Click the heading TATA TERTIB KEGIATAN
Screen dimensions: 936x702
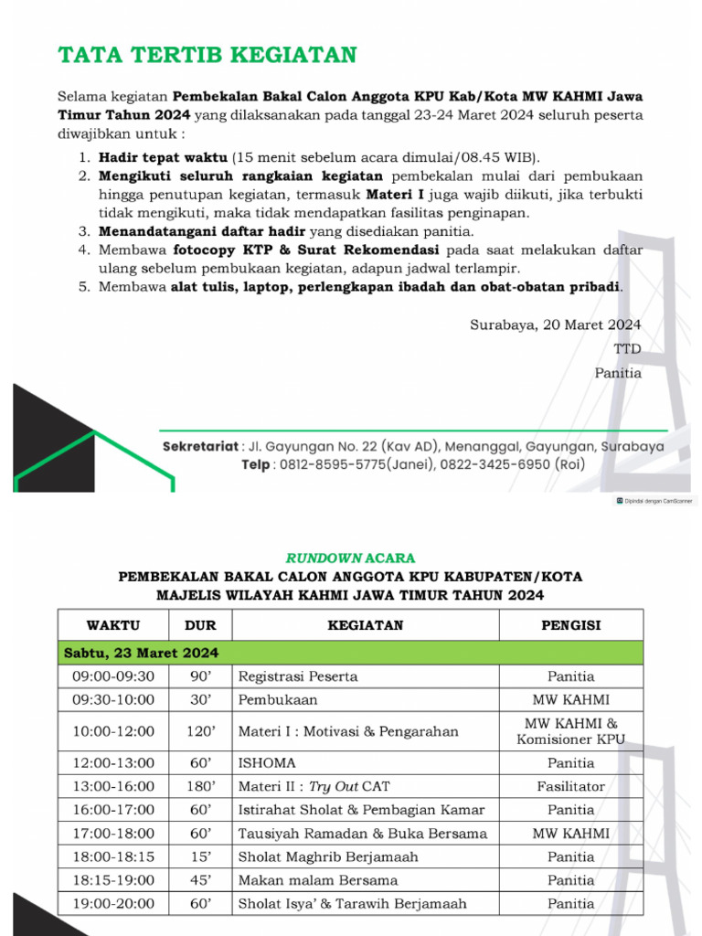click(207, 55)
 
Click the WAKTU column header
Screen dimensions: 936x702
click(113, 625)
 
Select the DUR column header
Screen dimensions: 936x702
click(200, 625)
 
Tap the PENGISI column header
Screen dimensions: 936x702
click(570, 625)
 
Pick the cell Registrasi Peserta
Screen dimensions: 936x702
click(298, 676)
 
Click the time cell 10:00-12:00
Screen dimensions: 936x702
click(113, 731)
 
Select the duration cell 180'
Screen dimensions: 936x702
click(200, 786)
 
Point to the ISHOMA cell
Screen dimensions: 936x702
click(267, 762)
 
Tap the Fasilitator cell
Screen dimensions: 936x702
click(570, 786)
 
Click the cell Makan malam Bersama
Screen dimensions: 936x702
click(317, 880)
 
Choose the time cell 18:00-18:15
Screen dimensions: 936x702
click(113, 856)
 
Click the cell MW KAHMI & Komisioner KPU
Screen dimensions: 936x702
click(570, 731)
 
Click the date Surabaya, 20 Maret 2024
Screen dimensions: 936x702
click(556, 324)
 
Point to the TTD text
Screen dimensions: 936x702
click(627, 348)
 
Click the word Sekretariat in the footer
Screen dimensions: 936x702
click(201, 446)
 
